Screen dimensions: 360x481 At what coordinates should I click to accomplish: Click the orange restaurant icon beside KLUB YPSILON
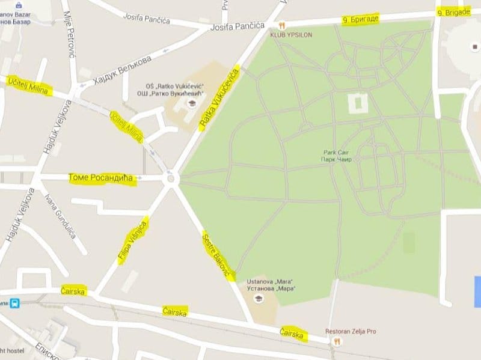(281, 25)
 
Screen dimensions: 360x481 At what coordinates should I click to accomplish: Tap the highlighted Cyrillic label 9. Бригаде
(360, 20)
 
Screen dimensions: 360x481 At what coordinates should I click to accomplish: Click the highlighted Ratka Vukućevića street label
(220, 99)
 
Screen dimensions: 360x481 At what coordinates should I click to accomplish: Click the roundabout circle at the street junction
(172, 178)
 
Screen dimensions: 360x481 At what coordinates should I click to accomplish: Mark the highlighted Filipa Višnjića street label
(132, 242)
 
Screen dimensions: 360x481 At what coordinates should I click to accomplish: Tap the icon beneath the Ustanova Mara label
(258, 299)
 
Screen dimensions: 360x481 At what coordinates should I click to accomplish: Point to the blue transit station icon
(14, 304)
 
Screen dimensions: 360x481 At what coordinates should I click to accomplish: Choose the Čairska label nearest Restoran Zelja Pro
(293, 333)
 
